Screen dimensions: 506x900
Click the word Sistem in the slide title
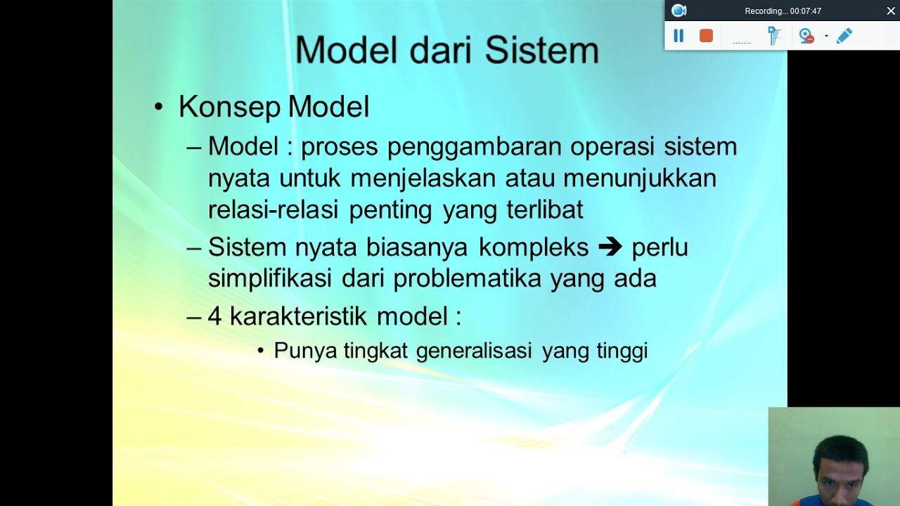tap(541, 51)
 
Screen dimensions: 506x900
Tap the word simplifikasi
tap(269, 278)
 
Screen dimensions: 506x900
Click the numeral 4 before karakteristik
tap(214, 317)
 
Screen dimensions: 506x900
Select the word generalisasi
tap(473, 351)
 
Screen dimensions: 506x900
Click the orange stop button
tap(706, 36)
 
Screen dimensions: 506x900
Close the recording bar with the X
tap(891, 11)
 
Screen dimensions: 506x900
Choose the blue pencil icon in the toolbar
tap(844, 36)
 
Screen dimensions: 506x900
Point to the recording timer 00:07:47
tap(805, 11)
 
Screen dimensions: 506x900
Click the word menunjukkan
tap(639, 179)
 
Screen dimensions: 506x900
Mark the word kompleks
tap(533, 247)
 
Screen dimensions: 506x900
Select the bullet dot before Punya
tap(261, 351)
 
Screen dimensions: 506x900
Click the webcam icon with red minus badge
tap(806, 36)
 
